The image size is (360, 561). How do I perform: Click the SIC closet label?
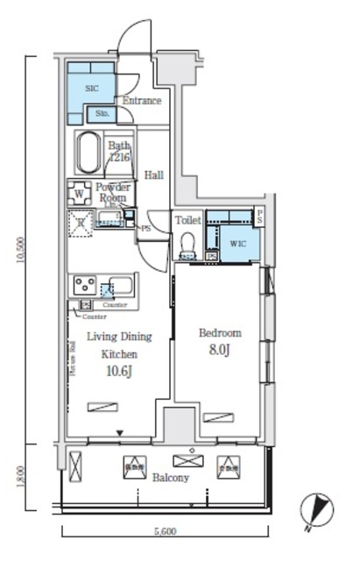pos(93,89)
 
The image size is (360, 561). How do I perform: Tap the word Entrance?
pos(141,101)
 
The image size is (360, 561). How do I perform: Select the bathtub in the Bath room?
pos(89,154)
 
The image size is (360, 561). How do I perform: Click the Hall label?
pos(154,174)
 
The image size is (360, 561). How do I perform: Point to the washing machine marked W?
pos(80,193)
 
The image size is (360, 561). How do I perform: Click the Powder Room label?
pos(112,193)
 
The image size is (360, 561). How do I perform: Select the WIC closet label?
pos(238,243)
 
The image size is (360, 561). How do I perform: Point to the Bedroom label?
pos(219,333)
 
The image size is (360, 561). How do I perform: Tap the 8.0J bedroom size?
pos(219,351)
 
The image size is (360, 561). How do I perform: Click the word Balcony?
pos(170,479)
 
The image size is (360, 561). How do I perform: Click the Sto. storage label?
pos(101,114)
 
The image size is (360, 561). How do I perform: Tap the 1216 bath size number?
pos(119,158)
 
